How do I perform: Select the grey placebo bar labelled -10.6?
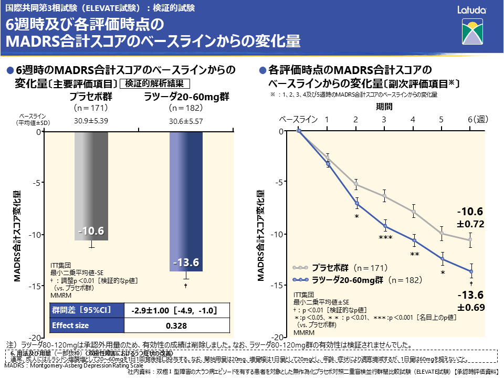pos(91,186)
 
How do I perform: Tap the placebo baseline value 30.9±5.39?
pos(91,121)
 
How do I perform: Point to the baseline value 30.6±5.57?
pos(186,121)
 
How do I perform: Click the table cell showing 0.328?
pos(173,325)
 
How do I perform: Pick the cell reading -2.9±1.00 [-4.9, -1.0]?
pos(173,310)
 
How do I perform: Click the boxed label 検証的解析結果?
pos(154,83)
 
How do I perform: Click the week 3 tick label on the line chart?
pos(384,120)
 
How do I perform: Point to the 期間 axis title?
pos(384,107)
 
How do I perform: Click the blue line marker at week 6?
pos(471,271)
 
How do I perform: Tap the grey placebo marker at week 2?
pos(356,184)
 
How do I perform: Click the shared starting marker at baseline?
pos(299,131)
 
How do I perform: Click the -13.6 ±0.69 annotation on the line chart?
pos(470,300)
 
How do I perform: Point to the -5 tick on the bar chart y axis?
pos(36,183)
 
